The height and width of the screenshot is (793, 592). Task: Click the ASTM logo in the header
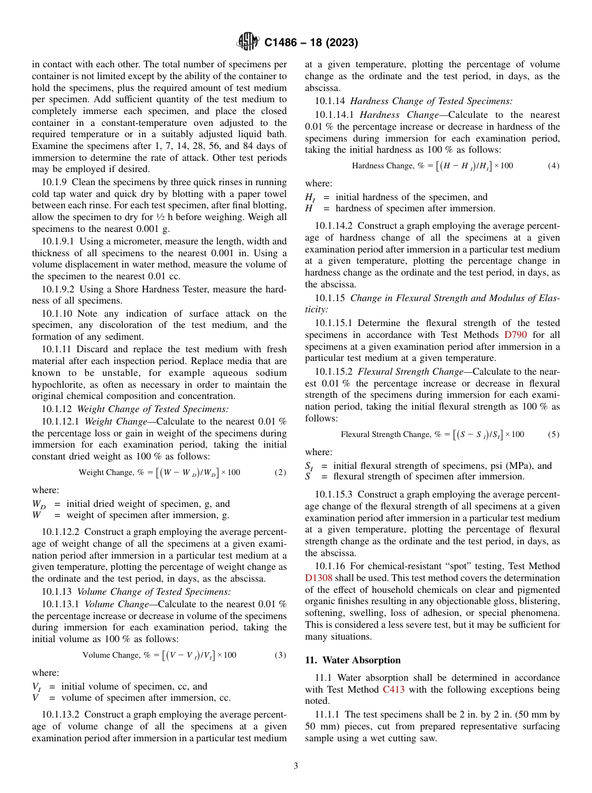(249, 42)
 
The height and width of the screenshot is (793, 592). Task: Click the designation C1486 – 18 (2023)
(310, 42)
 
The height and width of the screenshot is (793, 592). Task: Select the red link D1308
(318, 578)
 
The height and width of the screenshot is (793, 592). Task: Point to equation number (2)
(280, 473)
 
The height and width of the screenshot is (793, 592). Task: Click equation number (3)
(280, 655)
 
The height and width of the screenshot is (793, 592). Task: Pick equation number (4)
(553, 166)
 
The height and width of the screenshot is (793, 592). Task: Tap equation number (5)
(553, 435)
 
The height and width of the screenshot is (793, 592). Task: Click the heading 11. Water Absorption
(353, 660)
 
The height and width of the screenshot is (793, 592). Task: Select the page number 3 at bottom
(296, 766)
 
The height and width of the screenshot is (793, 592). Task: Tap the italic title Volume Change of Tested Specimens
(153, 591)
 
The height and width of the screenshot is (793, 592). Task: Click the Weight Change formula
(160, 473)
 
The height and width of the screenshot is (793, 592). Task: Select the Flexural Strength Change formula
(432, 435)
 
